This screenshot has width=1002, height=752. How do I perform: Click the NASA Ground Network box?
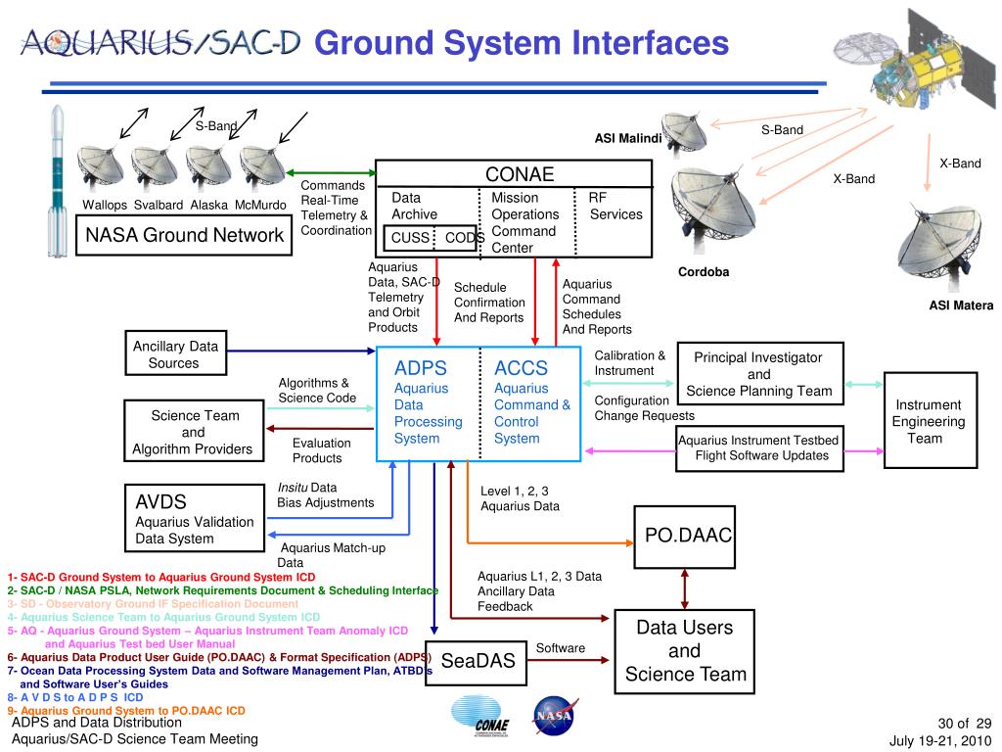(x=184, y=235)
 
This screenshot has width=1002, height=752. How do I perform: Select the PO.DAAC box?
(x=684, y=535)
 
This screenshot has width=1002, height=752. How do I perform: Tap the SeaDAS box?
(x=478, y=661)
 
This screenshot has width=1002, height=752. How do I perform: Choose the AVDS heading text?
(x=160, y=502)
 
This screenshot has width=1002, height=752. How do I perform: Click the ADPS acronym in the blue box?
(x=420, y=368)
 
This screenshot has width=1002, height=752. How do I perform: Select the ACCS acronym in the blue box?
(x=521, y=368)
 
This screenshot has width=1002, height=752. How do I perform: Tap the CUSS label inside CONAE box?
(x=410, y=237)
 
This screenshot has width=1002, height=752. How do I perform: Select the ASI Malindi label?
(x=628, y=138)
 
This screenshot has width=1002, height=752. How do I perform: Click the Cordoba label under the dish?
(x=704, y=272)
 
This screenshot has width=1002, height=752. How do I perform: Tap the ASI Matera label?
(x=961, y=305)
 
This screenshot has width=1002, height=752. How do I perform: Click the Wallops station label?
(x=105, y=205)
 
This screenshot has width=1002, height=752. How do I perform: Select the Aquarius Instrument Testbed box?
(x=759, y=447)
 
